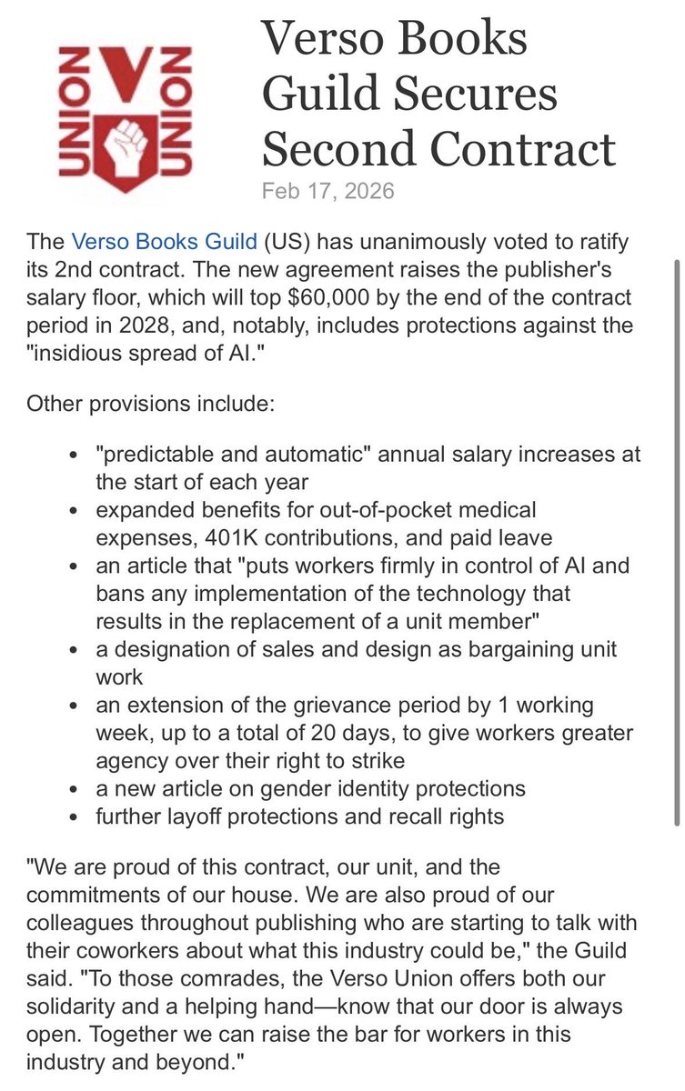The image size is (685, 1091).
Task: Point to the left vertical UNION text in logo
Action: [71, 113]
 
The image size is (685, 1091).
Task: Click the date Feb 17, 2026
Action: [327, 192]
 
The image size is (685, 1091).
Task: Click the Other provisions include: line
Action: [150, 402]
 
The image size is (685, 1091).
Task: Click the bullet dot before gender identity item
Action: [75, 789]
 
